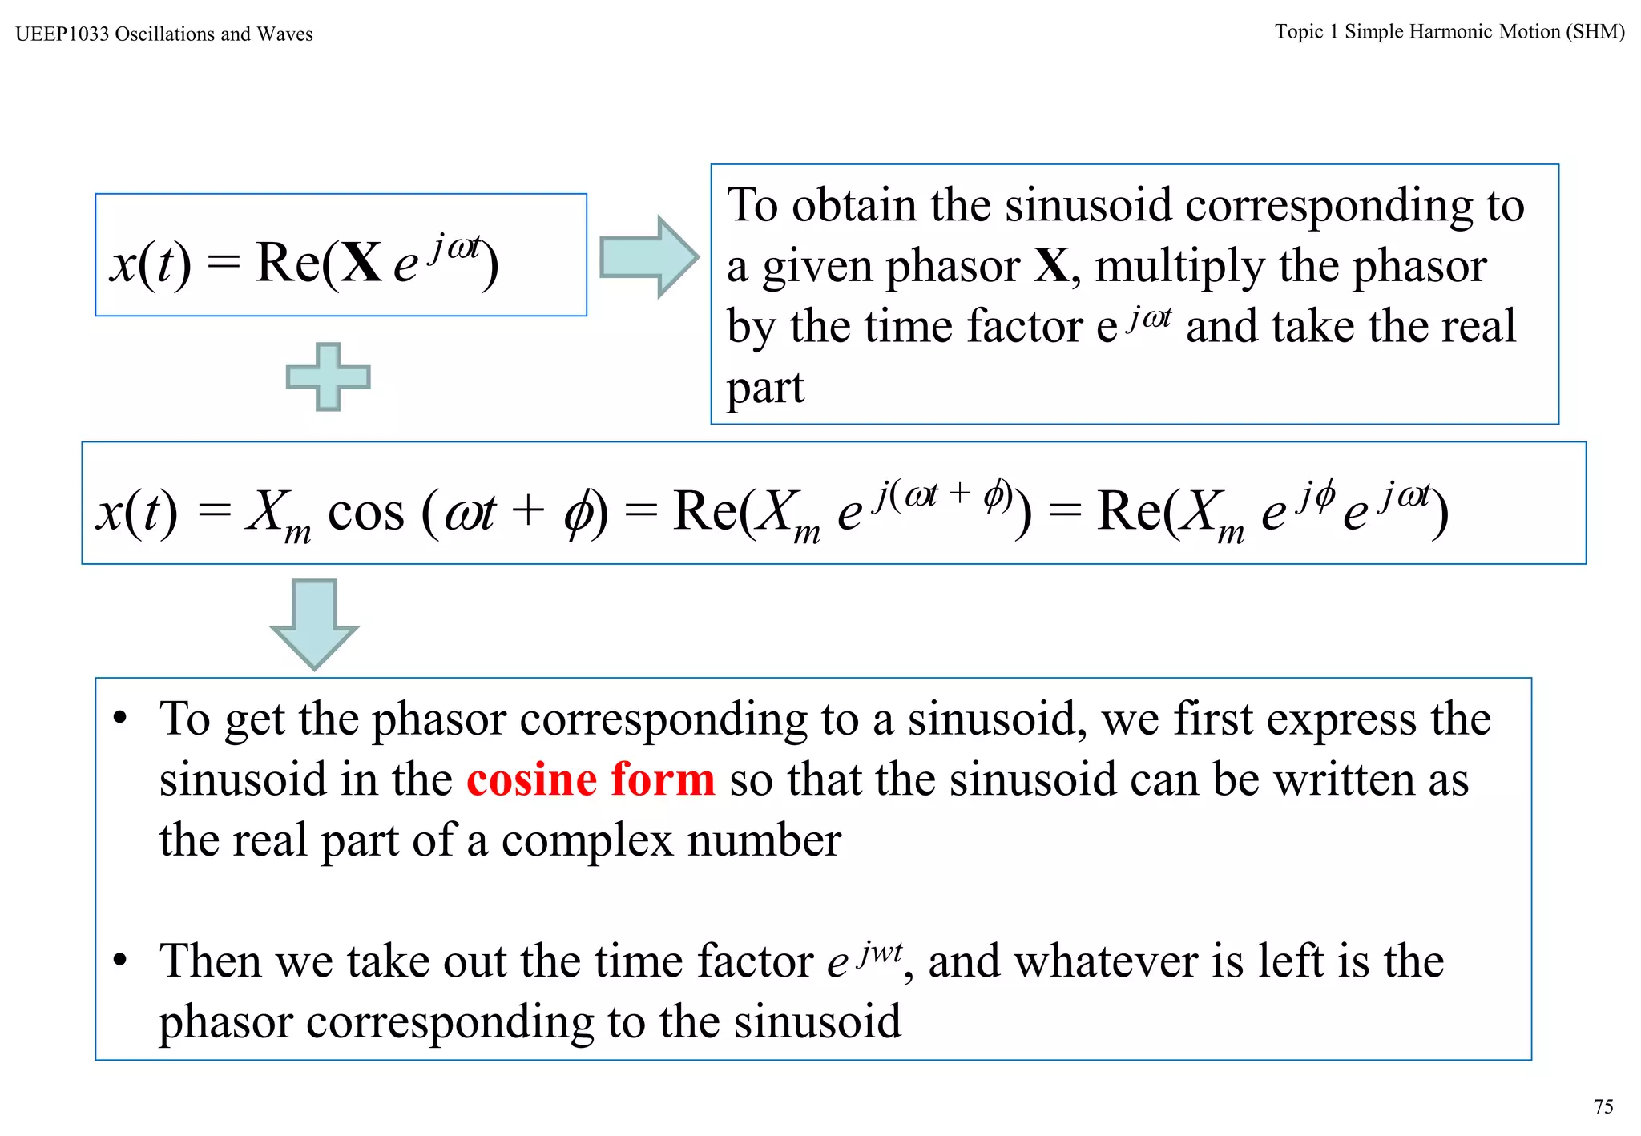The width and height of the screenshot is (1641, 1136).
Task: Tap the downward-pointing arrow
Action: click(x=314, y=623)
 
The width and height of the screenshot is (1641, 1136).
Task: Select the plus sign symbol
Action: click(x=329, y=377)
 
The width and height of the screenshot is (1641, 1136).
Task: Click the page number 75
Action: click(x=1603, y=1106)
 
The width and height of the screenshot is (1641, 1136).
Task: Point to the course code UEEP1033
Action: click(x=62, y=34)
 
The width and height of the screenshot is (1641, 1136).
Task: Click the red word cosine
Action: click(x=532, y=779)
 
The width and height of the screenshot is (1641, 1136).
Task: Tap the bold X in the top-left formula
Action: click(x=362, y=263)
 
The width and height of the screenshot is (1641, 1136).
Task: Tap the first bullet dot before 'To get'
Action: click(x=120, y=718)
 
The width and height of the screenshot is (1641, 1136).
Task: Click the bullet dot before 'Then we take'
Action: click(x=120, y=960)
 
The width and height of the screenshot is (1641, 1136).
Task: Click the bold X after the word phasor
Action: click(x=1051, y=266)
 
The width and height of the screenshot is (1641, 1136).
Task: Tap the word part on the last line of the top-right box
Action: click(x=765, y=388)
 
